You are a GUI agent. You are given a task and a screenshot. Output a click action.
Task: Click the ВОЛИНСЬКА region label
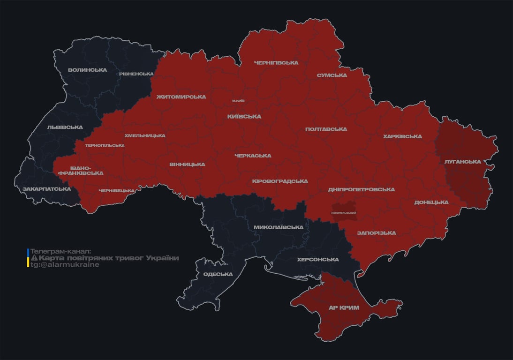tap(87, 70)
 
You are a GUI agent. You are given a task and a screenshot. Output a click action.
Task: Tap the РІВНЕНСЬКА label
tap(136, 74)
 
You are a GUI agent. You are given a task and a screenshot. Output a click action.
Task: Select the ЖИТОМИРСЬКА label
tap(181, 97)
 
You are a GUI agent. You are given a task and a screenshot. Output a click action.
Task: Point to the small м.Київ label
tap(238, 101)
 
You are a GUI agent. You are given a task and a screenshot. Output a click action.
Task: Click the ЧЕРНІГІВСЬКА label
tap(276, 63)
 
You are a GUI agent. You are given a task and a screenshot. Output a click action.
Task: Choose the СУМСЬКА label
tap(332, 75)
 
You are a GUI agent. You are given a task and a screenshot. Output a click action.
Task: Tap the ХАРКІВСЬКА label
tap(402, 137)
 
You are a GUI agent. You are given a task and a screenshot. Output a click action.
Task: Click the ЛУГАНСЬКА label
tap(462, 162)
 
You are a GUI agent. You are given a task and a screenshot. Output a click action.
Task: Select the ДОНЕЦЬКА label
tap(431, 202)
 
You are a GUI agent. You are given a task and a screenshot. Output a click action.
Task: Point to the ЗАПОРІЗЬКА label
tap(376, 233)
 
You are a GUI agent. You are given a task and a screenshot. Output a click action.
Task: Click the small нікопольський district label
tap(344, 213)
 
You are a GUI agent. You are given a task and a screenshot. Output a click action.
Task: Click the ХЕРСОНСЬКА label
tap(318, 260)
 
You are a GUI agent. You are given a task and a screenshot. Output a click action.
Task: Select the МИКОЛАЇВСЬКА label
tap(279, 227)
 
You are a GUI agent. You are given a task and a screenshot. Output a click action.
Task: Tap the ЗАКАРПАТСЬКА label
tap(46, 189)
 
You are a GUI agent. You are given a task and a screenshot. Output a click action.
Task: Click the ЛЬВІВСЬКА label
tap(65, 127)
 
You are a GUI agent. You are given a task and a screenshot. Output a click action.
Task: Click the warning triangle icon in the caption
tap(34, 258)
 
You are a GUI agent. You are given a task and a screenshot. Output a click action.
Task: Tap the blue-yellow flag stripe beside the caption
tap(28, 258)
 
